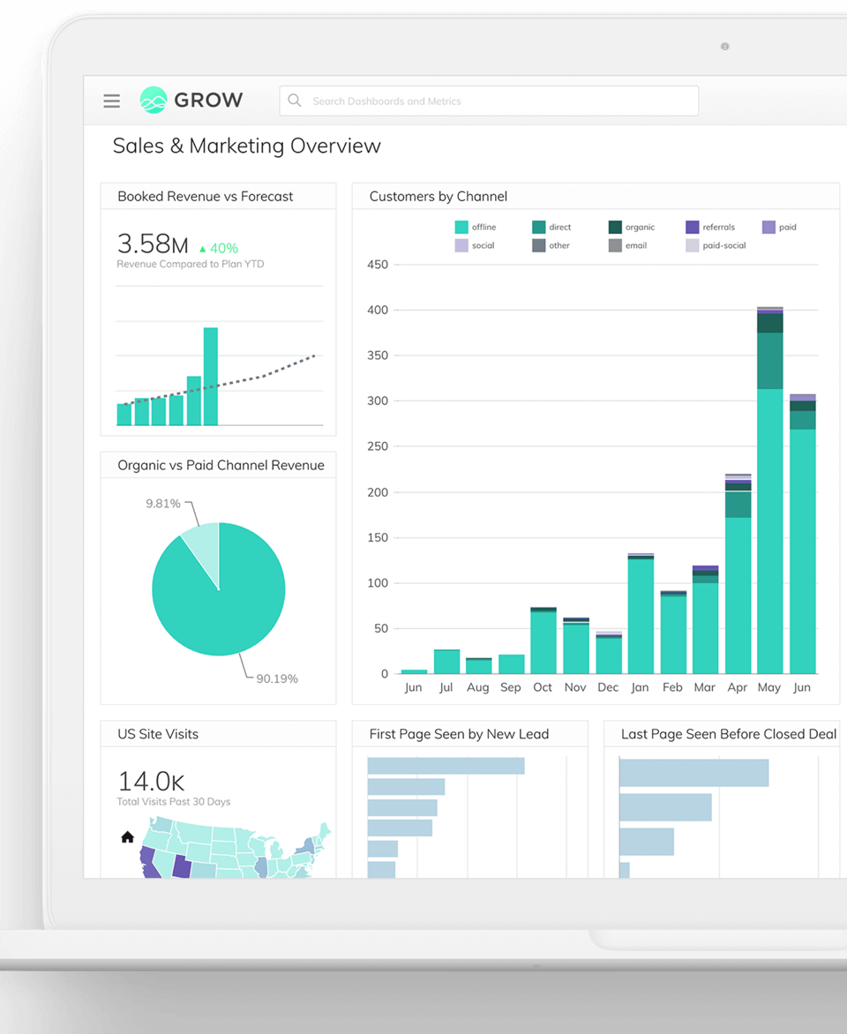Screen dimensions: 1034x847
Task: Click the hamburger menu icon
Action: (x=111, y=101)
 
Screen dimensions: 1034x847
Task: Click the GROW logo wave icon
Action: (x=154, y=101)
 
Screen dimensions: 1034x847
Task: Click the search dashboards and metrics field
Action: (x=489, y=101)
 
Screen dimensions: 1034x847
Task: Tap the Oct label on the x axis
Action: (x=543, y=687)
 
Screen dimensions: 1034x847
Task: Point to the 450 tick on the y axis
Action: (x=378, y=265)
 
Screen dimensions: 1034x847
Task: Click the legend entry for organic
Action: (x=632, y=228)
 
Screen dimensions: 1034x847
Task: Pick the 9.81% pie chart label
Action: (x=163, y=504)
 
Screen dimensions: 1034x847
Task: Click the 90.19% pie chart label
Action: (x=276, y=678)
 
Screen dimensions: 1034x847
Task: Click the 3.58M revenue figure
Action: (x=153, y=244)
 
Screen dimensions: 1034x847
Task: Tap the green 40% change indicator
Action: (x=218, y=249)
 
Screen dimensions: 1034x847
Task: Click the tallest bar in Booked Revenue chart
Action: (x=211, y=377)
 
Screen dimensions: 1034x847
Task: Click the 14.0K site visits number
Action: (x=151, y=781)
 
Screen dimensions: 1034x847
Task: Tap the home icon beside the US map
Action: (x=127, y=837)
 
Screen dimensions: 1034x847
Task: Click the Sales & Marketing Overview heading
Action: (x=246, y=146)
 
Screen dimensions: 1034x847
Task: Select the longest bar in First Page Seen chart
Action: (x=446, y=766)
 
